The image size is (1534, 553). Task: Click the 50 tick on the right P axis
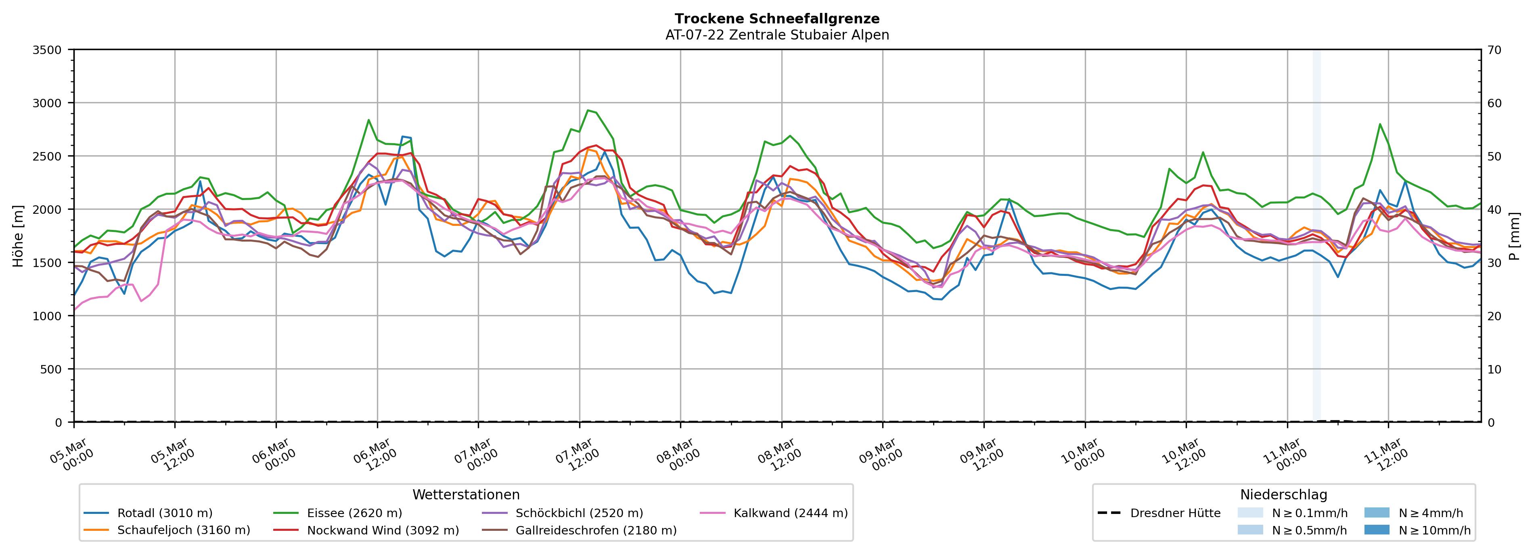(1494, 157)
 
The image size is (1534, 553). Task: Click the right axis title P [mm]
(1514, 236)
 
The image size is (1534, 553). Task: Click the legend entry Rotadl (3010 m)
(164, 513)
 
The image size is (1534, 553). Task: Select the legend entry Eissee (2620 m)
(354, 513)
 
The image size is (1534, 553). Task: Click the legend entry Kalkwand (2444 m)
(790, 513)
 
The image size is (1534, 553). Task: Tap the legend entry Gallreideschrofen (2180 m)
(596, 530)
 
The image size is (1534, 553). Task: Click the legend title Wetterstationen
(466, 495)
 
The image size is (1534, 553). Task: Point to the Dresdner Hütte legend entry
(1175, 513)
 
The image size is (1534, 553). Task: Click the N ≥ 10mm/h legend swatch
(1376, 530)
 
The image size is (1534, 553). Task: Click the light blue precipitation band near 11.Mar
(1316, 238)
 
